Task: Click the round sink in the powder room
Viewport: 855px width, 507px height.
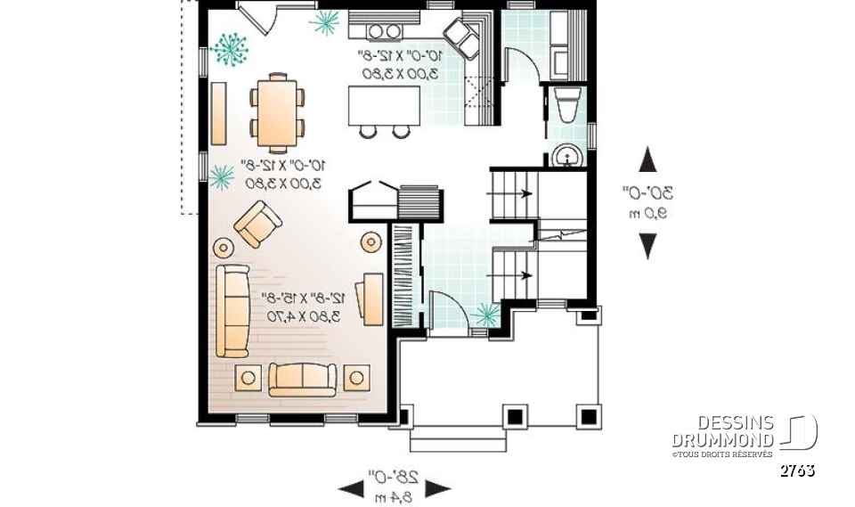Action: (566, 157)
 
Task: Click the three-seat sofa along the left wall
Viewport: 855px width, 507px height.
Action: (232, 309)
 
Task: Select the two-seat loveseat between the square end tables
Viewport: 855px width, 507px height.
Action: (303, 379)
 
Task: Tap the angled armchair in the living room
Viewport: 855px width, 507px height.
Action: (258, 225)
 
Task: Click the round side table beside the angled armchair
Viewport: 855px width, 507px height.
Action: (222, 244)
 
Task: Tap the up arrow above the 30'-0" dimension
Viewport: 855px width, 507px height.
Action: (648, 160)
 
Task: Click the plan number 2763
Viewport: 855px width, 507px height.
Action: (797, 470)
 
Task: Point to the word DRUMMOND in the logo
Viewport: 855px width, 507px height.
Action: (722, 440)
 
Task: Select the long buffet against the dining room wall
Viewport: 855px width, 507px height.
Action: (218, 113)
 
